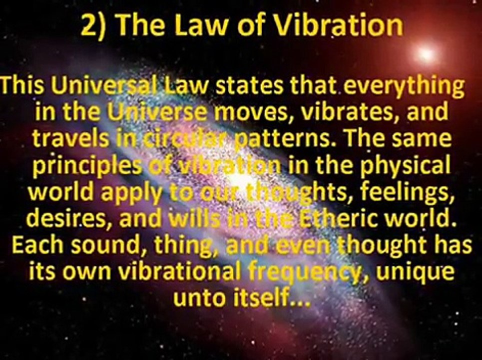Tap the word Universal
click(x=103, y=85)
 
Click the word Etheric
click(x=332, y=218)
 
